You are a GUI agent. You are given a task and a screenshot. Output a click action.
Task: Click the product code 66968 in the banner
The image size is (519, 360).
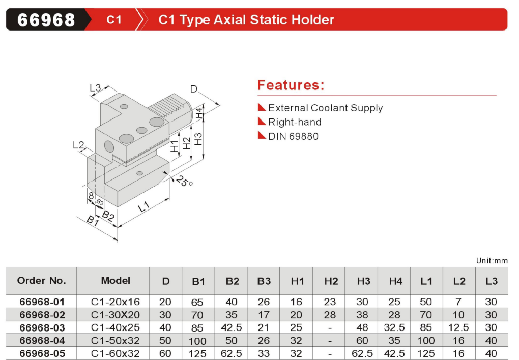coord(46,20)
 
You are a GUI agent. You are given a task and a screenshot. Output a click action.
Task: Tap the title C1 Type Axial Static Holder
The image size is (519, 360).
coord(246,20)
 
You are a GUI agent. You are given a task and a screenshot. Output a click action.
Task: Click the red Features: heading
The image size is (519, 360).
coord(291,85)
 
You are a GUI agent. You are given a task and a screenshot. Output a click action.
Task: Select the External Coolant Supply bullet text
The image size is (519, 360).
coord(325,108)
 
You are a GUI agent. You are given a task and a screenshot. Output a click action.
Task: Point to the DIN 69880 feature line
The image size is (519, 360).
coord(293,136)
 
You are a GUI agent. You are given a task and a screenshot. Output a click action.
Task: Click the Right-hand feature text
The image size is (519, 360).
coord(295,122)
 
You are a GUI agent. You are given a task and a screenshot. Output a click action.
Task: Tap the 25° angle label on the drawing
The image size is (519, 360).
coord(184,182)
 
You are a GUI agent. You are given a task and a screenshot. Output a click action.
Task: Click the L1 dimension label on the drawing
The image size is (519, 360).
coord(145,207)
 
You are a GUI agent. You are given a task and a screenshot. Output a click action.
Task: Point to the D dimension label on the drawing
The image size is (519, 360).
coord(194,88)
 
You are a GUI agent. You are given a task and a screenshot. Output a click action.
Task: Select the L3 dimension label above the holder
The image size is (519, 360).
coord(95,87)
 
